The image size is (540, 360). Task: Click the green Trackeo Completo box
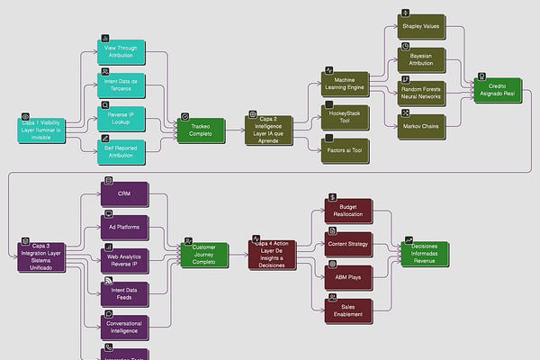200,131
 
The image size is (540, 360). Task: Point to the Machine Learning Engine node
344,85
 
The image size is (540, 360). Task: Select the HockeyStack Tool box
344,118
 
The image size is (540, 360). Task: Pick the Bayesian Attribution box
421,59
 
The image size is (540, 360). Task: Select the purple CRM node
124,194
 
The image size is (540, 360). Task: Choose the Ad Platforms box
124,227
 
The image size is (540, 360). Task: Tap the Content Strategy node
346,244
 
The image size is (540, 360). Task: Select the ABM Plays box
346,277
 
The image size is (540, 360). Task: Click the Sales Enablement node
346,310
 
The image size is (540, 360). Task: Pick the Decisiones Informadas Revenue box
425,254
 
